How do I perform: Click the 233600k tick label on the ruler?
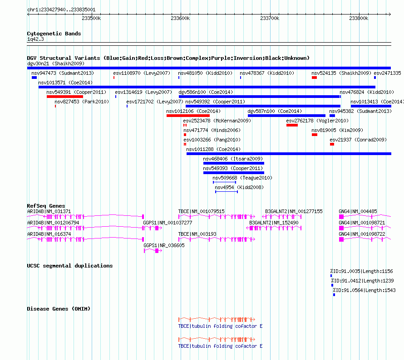pyautogui.click(x=180, y=18)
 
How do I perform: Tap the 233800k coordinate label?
pyautogui.click(x=359, y=18)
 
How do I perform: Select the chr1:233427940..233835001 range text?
pyautogui.click(x=61, y=10)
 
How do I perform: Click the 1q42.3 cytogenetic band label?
pyautogui.click(x=35, y=39)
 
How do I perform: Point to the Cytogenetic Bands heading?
pyautogui.click(x=54, y=34)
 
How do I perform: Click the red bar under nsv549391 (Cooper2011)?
pyautogui.click(x=65, y=97)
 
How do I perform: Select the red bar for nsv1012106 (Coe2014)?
pyautogui.click(x=188, y=116)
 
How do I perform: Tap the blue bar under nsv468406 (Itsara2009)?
pyautogui.click(x=234, y=163)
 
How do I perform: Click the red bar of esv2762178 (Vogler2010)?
pyautogui.click(x=292, y=125)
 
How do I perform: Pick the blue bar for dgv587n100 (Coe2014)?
pyautogui.click(x=286, y=116)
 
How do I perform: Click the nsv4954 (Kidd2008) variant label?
pyautogui.click(x=239, y=187)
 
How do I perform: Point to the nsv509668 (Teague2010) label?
pyautogui.click(x=242, y=178)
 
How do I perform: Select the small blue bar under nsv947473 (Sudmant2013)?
pyautogui.click(x=34, y=78)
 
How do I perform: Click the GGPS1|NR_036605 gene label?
pyautogui.click(x=164, y=245)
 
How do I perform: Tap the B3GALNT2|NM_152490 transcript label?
pyautogui.click(x=274, y=223)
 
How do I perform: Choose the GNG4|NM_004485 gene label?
pyautogui.click(x=358, y=211)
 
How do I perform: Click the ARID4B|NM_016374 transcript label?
pyautogui.click(x=49, y=234)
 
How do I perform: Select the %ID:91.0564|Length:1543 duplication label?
pyautogui.click(x=365, y=290)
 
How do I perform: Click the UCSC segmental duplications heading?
pyautogui.click(x=70, y=266)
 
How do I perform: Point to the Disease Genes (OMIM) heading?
pyautogui.click(x=59, y=309)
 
